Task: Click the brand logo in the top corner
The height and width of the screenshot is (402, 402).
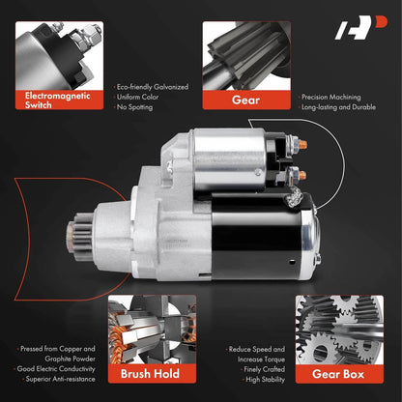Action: [x=360, y=27]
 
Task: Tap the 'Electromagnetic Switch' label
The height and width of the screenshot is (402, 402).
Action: [x=58, y=100]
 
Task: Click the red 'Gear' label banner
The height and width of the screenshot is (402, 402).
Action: [x=246, y=100]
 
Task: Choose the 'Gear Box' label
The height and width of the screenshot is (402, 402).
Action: [x=338, y=374]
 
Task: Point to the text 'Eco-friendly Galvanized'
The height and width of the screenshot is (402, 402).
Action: [x=153, y=87]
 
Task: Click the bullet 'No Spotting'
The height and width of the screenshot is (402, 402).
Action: [x=134, y=107]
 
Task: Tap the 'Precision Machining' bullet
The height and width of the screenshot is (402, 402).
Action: [x=331, y=97]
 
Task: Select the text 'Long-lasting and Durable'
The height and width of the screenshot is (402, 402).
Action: [x=338, y=107]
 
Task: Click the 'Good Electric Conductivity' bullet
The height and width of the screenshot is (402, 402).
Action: [x=56, y=369]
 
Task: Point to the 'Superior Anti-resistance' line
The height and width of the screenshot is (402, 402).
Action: [x=60, y=379]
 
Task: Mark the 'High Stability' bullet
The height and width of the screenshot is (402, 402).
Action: [x=265, y=380]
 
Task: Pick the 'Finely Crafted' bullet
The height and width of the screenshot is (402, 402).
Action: [x=264, y=369]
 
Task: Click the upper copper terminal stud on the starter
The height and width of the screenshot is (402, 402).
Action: [x=302, y=144]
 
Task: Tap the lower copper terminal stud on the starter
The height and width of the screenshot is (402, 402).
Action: [x=302, y=176]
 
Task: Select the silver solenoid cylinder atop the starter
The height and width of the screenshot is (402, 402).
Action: [x=229, y=159]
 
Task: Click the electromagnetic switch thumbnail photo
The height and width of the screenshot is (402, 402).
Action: [x=59, y=56]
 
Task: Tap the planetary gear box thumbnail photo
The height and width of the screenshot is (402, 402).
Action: [x=339, y=330]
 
